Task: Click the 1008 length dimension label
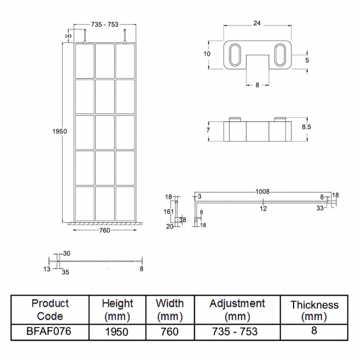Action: coord(263,191)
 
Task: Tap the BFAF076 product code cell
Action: coord(50,331)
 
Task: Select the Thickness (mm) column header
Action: coord(314,310)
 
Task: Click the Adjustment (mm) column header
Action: coord(237,310)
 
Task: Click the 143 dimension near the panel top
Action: coord(68,36)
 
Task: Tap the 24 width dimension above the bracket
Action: coord(256,23)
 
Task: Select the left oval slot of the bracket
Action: coord(235,57)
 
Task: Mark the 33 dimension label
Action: coord(320,208)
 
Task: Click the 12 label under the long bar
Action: coord(263,208)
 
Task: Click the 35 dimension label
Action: coord(65,272)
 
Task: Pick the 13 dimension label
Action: coord(47,269)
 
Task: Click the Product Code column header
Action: coord(50,310)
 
